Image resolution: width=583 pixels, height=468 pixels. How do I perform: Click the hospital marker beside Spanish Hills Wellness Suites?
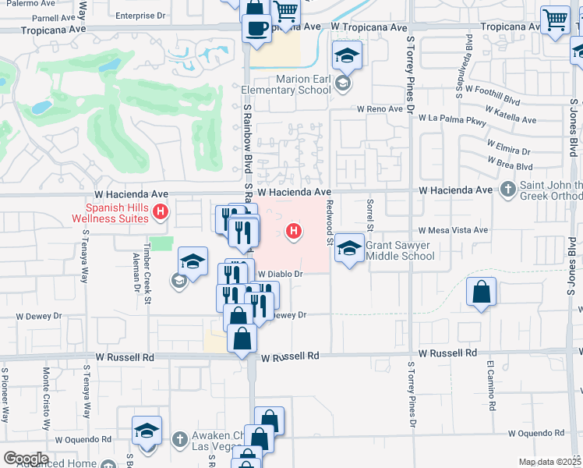161,211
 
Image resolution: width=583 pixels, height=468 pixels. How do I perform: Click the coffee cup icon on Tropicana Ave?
257,29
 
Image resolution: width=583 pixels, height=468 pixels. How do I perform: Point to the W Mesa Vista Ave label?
453,230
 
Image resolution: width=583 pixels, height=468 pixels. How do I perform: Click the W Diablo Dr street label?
279,274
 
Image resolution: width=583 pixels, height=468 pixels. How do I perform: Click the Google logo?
26,459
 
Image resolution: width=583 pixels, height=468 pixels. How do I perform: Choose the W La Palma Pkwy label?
452,120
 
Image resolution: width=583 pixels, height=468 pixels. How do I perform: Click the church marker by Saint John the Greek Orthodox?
508,189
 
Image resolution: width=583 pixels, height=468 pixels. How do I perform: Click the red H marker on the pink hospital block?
294,230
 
